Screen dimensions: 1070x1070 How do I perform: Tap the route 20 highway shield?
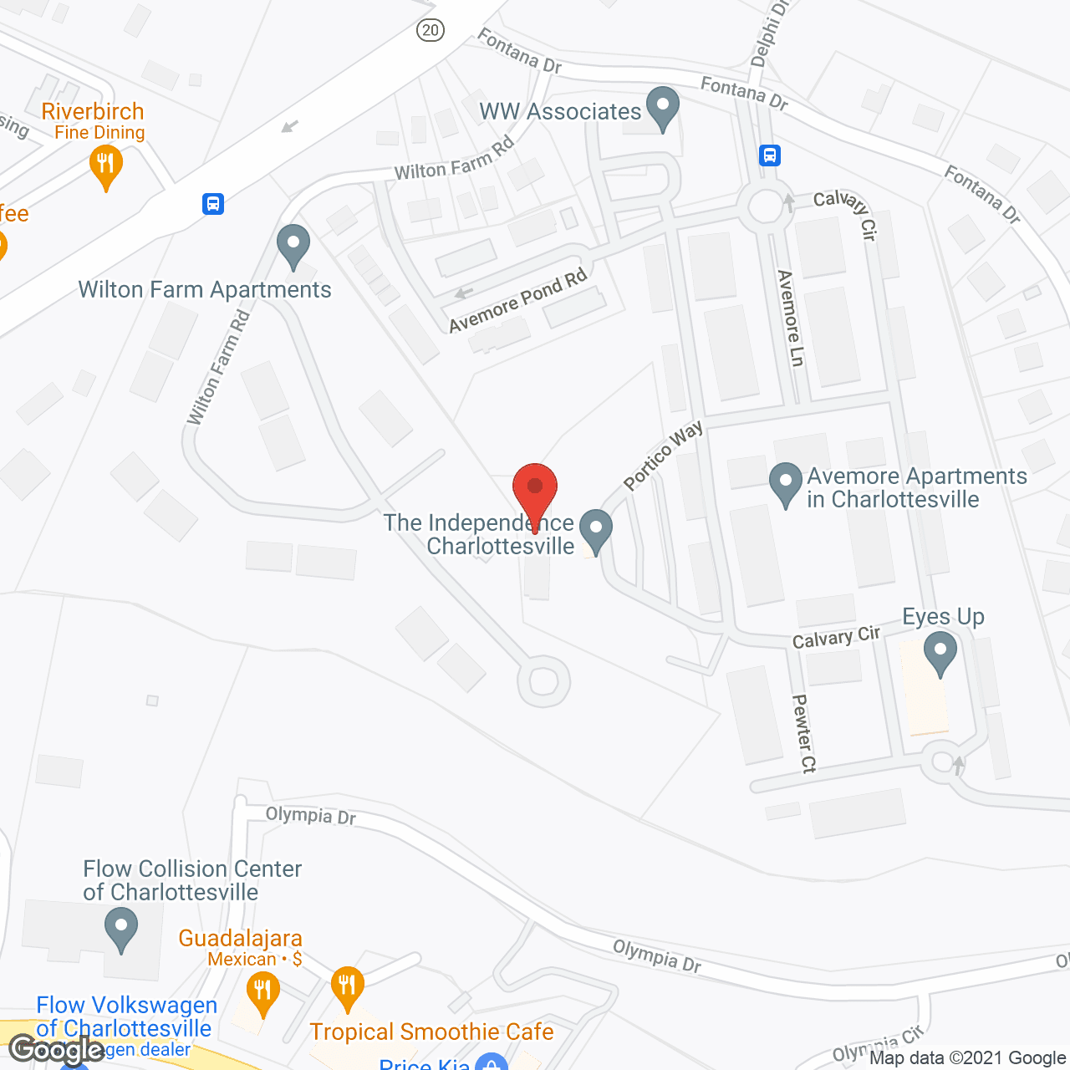(x=430, y=30)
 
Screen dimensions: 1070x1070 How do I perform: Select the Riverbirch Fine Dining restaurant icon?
(x=105, y=165)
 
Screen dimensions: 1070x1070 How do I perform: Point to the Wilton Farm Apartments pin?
(x=293, y=247)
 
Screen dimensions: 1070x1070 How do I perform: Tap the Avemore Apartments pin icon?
(x=785, y=484)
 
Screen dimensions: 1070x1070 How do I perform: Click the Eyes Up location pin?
(x=940, y=652)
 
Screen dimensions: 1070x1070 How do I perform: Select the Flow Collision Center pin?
(x=121, y=929)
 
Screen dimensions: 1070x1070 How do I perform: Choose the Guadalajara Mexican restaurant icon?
(x=262, y=992)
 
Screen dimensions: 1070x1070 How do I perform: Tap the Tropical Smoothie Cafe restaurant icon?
(x=347, y=987)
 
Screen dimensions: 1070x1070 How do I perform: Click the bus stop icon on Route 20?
(x=213, y=203)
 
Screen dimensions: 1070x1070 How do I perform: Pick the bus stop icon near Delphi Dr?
(x=770, y=155)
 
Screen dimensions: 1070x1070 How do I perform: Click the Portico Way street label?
(x=664, y=456)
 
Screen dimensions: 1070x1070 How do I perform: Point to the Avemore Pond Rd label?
(x=518, y=301)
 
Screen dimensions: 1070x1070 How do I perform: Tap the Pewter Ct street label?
(x=803, y=733)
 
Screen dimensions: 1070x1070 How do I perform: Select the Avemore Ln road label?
(x=790, y=318)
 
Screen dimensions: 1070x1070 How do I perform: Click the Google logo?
(x=57, y=1050)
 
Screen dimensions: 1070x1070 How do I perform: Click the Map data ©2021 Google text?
(x=967, y=1057)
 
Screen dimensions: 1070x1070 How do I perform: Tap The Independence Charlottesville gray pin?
(x=596, y=529)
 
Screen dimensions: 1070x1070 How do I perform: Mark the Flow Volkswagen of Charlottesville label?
(x=125, y=1016)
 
